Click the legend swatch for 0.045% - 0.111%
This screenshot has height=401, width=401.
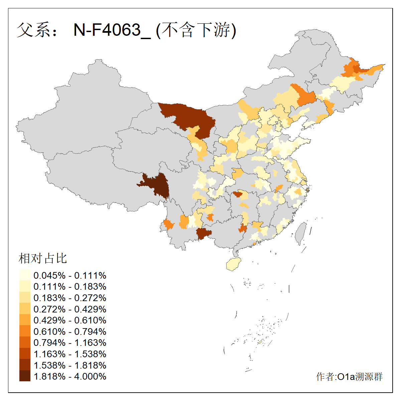tap(25, 275)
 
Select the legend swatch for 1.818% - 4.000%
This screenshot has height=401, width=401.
tap(25, 376)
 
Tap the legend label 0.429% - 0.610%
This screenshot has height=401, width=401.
tap(70, 320)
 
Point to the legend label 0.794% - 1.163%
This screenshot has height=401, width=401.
tap(70, 343)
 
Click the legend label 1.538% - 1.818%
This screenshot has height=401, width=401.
tap(70, 365)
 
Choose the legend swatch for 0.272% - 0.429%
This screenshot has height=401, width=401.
tap(25, 309)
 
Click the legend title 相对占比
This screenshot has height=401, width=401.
tap(43, 258)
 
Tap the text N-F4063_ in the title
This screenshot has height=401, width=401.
tap(112, 30)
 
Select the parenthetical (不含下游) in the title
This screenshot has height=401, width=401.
tap(196, 30)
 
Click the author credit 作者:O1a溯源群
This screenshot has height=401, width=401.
tap(349, 377)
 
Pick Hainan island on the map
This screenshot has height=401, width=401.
tap(234, 264)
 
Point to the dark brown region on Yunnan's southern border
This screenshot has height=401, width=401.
tap(203, 234)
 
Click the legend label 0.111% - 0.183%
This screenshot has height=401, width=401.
tap(70, 286)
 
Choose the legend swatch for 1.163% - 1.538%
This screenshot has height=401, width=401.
tap(25, 354)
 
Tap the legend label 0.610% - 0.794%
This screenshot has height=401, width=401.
tap(70, 331)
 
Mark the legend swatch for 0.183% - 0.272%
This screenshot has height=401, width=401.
tap(25, 298)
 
